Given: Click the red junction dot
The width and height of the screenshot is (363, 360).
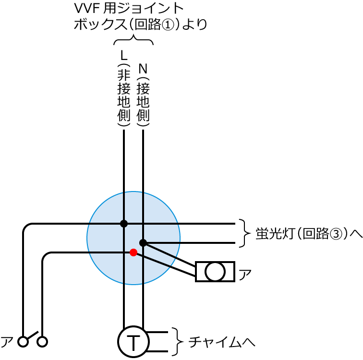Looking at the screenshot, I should coord(133,252).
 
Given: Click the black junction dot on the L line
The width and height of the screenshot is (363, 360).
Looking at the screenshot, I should coord(124,223).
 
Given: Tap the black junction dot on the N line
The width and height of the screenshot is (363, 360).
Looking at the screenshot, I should coord(143,242).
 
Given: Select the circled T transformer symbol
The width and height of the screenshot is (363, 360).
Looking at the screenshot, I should coord(133,342).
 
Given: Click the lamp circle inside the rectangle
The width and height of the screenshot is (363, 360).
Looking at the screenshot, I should coord(215,272).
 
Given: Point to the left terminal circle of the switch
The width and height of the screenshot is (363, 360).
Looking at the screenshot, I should coord(23,341).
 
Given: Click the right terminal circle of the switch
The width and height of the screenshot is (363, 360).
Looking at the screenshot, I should coord(43,341).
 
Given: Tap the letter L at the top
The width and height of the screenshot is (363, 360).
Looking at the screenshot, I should coord(124,54).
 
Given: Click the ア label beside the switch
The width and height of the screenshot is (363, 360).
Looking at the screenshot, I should coord(7,341).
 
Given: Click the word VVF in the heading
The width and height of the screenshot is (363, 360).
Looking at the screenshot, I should coord(87,9).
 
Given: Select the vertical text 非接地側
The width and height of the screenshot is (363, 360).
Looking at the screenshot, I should coord(124,96).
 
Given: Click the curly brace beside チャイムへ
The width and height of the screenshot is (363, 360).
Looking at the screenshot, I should coord(178,342).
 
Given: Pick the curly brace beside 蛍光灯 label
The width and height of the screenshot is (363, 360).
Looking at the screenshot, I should coord(245,233).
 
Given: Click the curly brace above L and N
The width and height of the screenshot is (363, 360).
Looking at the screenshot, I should coord(133,41).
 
